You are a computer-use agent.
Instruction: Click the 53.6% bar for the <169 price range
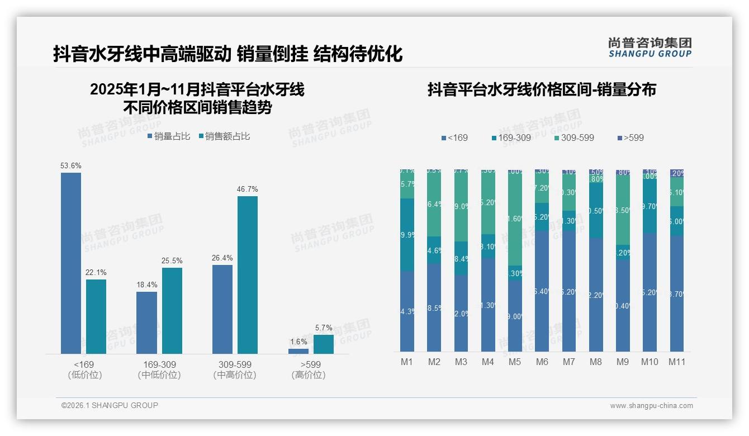(71, 263)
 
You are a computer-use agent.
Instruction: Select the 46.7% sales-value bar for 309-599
(248, 274)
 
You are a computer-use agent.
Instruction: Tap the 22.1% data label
(96, 272)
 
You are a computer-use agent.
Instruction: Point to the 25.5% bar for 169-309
(172, 310)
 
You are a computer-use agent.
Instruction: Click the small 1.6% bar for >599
(298, 351)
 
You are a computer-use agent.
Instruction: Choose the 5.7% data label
(324, 328)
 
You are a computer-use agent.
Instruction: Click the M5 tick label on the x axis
(515, 362)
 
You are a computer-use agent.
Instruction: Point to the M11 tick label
(677, 362)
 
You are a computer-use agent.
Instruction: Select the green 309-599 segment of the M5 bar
(515, 218)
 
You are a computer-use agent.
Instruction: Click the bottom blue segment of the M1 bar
(407, 311)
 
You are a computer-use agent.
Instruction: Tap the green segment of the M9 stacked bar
(623, 210)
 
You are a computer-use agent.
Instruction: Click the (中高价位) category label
(235, 375)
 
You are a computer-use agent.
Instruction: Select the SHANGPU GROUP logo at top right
(650, 48)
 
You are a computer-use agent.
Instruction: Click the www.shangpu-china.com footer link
(651, 406)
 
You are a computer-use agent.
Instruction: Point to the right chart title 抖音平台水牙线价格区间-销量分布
(542, 89)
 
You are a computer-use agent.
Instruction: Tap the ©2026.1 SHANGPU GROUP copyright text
(110, 405)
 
